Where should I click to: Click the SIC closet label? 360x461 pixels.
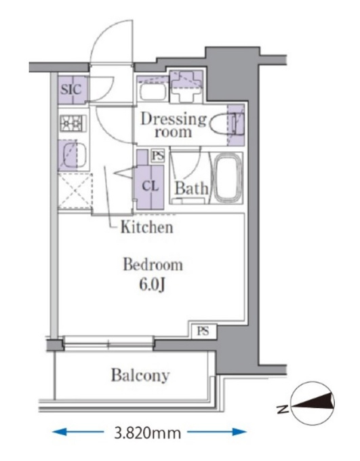pyautogui.click(x=71, y=89)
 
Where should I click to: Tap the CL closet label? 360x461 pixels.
pyautogui.click(x=151, y=186)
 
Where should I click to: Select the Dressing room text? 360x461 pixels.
pyautogui.click(x=174, y=125)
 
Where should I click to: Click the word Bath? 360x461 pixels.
pyautogui.click(x=191, y=188)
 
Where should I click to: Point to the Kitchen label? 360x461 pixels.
pyautogui.click(x=146, y=227)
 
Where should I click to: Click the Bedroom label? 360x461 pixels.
pyautogui.click(x=153, y=264)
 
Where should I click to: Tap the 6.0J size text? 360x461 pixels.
pyautogui.click(x=151, y=285)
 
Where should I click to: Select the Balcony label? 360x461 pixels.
pyautogui.click(x=140, y=376)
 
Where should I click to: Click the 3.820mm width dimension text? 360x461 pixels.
pyautogui.click(x=148, y=433)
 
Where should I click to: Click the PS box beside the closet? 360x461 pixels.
pyautogui.click(x=158, y=156)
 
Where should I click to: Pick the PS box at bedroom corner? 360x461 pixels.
pyautogui.click(x=203, y=331)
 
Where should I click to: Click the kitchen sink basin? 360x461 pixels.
pyautogui.click(x=72, y=155)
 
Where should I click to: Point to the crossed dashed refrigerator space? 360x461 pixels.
pyautogui.click(x=75, y=191)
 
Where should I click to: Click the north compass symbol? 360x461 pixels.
pyautogui.click(x=313, y=403)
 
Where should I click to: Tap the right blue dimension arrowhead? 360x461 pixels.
pyautogui.click(x=241, y=432)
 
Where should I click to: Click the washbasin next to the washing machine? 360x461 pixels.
pyautogui.click(x=153, y=92)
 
